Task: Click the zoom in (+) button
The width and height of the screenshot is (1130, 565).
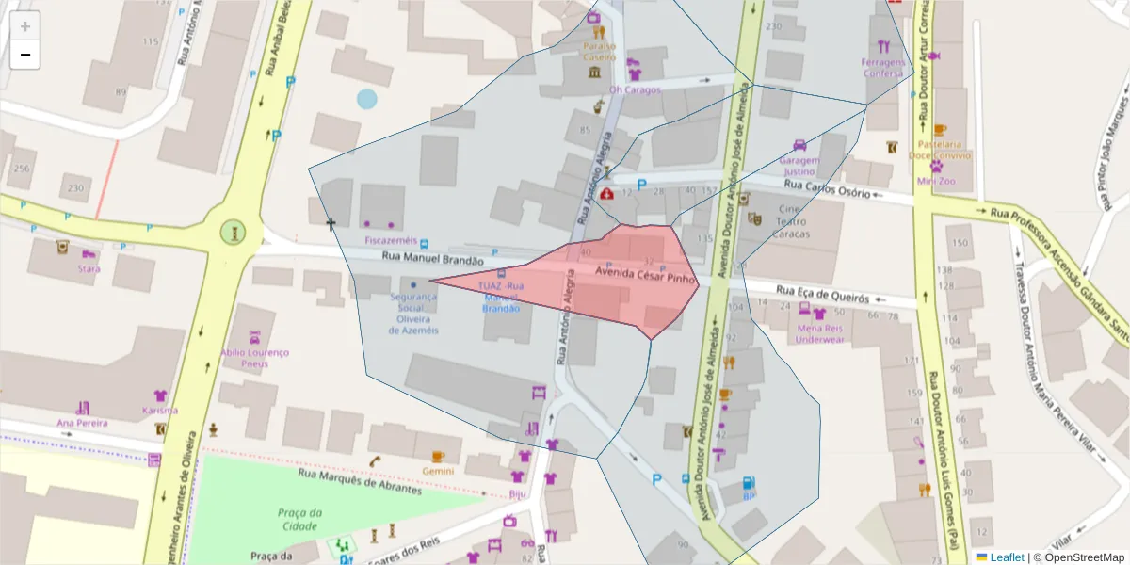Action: pyautogui.click(x=25, y=26)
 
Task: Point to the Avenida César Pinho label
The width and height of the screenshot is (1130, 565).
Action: pyautogui.click(x=645, y=274)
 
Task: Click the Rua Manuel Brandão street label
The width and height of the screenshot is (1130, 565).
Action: pyautogui.click(x=433, y=259)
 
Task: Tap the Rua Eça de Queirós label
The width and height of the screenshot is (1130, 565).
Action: pyautogui.click(x=821, y=295)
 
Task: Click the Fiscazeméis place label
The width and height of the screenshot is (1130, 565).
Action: pyautogui.click(x=390, y=240)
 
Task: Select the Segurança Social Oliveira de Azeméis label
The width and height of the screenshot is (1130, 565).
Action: pyautogui.click(x=413, y=313)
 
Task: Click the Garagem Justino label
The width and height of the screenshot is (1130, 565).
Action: pyautogui.click(x=799, y=166)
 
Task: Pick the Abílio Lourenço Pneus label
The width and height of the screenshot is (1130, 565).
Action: pyautogui.click(x=254, y=358)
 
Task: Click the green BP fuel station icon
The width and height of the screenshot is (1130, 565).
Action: pyautogui.click(x=750, y=482)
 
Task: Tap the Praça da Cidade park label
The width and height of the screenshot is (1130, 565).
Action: pyautogui.click(x=300, y=518)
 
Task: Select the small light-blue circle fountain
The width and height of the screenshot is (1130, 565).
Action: pyautogui.click(x=366, y=99)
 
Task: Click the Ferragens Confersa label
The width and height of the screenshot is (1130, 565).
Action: pyautogui.click(x=882, y=67)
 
